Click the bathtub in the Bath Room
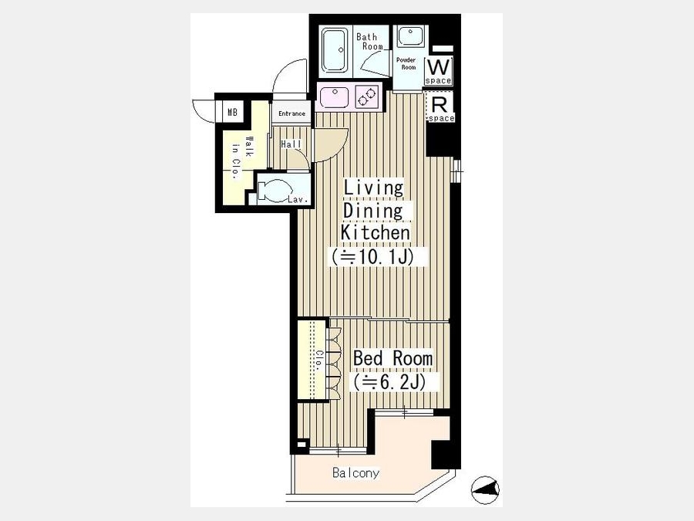[x=334, y=50]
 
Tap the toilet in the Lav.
[x=271, y=191]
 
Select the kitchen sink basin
[x=334, y=97]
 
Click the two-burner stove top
[x=367, y=97]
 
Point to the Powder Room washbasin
[x=410, y=36]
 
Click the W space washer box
[x=438, y=71]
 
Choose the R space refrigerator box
[x=440, y=107]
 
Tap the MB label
[x=232, y=112]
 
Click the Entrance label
[x=291, y=114]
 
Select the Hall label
[x=291, y=144]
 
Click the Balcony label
[x=355, y=473]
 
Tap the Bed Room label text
[x=393, y=358]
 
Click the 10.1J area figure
[x=376, y=257]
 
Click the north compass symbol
[x=485, y=489]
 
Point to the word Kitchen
[x=376, y=232]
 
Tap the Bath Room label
[x=369, y=41]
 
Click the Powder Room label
[x=406, y=63]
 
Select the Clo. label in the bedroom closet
[x=318, y=360]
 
